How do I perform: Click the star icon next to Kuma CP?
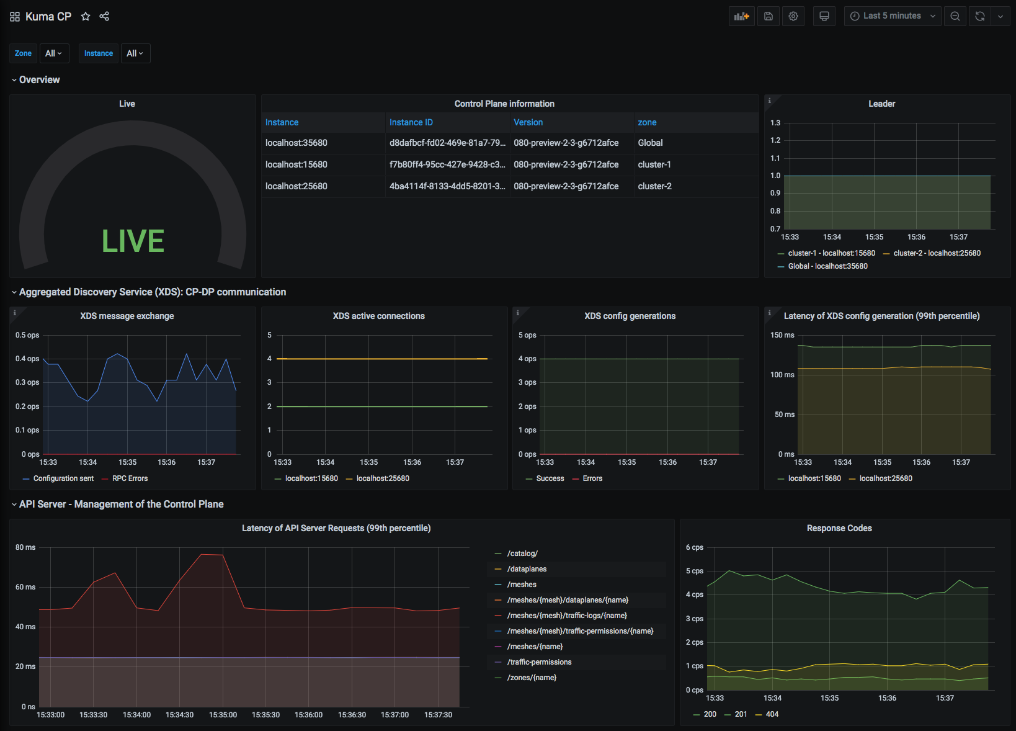click(86, 17)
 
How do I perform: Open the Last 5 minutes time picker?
click(892, 16)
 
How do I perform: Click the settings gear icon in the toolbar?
click(793, 16)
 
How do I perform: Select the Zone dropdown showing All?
click(53, 53)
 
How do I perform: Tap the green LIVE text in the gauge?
click(133, 241)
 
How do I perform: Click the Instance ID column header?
click(411, 122)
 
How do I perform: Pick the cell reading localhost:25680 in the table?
click(296, 186)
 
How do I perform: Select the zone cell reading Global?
click(650, 143)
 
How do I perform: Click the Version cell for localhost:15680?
click(566, 164)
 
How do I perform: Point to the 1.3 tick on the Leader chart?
click(775, 123)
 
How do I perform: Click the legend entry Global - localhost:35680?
click(827, 266)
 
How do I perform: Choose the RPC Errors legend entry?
click(130, 478)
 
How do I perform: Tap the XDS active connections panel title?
click(378, 316)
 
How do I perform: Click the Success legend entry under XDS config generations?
click(550, 478)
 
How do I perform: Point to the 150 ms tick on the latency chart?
click(782, 335)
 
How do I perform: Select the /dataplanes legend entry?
click(527, 569)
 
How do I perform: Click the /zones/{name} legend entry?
click(532, 678)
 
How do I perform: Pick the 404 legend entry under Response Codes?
click(772, 714)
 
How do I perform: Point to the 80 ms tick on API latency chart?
click(25, 547)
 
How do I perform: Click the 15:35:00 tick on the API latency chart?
click(223, 715)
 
